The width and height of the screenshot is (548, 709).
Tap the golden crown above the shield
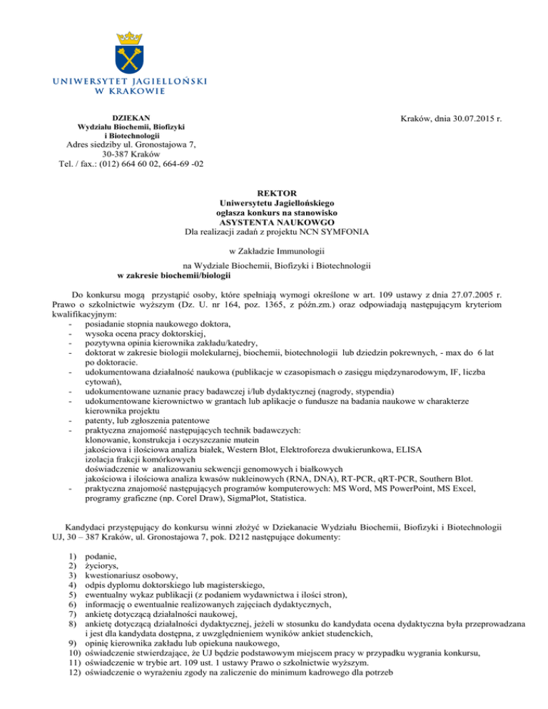pos(128,33)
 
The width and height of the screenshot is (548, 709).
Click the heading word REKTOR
pos(274,192)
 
